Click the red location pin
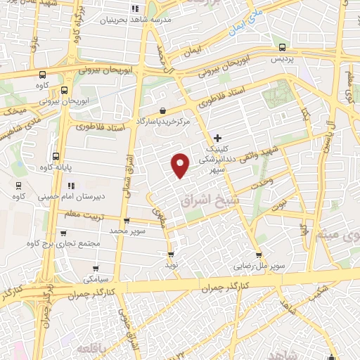point(181,165)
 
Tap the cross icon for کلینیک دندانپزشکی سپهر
point(217,137)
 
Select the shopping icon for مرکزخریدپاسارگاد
point(163,110)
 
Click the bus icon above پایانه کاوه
point(56,156)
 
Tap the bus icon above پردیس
point(282,47)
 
